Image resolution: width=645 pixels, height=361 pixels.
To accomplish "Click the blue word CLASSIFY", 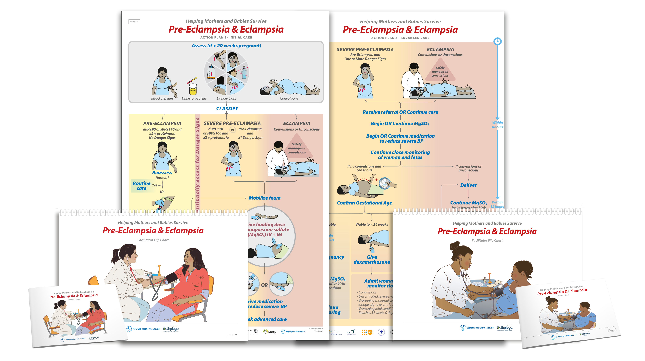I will [227, 109].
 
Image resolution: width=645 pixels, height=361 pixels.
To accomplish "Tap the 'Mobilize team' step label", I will [264, 198].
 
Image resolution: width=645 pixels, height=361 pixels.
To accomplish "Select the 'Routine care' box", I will [141, 186].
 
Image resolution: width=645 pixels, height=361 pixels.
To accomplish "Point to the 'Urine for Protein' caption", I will [194, 98].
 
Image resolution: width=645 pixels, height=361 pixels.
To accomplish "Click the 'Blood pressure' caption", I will [162, 98].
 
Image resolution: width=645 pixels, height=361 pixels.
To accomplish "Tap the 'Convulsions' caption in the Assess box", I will [289, 98].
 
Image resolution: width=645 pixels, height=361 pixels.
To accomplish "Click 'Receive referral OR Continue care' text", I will [400, 112].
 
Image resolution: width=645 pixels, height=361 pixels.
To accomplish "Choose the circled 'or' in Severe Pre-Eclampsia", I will [233, 129].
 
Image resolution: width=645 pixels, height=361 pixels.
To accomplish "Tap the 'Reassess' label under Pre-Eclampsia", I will [162, 173].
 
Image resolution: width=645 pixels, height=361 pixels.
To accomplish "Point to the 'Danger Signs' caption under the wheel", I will [226, 98].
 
